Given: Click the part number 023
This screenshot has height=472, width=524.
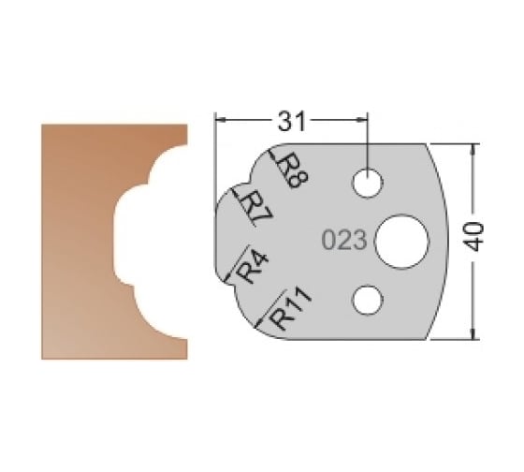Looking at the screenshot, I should coord(342,240).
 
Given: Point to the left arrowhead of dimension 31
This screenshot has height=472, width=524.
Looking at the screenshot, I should coord(221,120).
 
